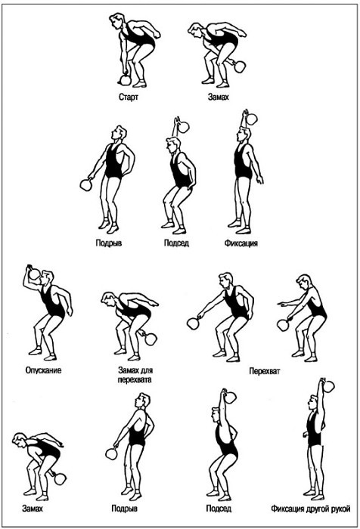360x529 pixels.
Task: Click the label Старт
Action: coord(129,97)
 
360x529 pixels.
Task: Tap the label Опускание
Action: coord(43,370)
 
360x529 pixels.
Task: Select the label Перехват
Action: coord(265,371)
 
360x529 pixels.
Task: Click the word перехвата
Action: coord(135,379)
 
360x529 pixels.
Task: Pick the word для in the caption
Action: coord(147,370)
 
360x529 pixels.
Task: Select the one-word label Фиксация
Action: coord(241,243)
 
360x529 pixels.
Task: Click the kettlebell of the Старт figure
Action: coord(125,79)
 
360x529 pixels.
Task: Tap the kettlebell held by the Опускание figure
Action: coord(33,273)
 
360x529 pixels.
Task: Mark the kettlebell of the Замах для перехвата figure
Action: coord(150,339)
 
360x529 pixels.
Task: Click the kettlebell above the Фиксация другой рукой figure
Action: coord(328,385)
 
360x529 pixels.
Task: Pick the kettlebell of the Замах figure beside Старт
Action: coord(240,67)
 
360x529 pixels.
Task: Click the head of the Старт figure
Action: coord(116,21)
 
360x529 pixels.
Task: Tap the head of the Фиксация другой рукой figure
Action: coord(313,403)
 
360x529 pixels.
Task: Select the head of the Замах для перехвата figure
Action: coord(108,299)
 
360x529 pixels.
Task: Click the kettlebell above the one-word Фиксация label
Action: coord(250,118)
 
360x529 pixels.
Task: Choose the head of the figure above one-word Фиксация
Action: coord(242,135)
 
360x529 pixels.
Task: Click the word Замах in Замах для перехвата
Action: coord(129,370)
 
